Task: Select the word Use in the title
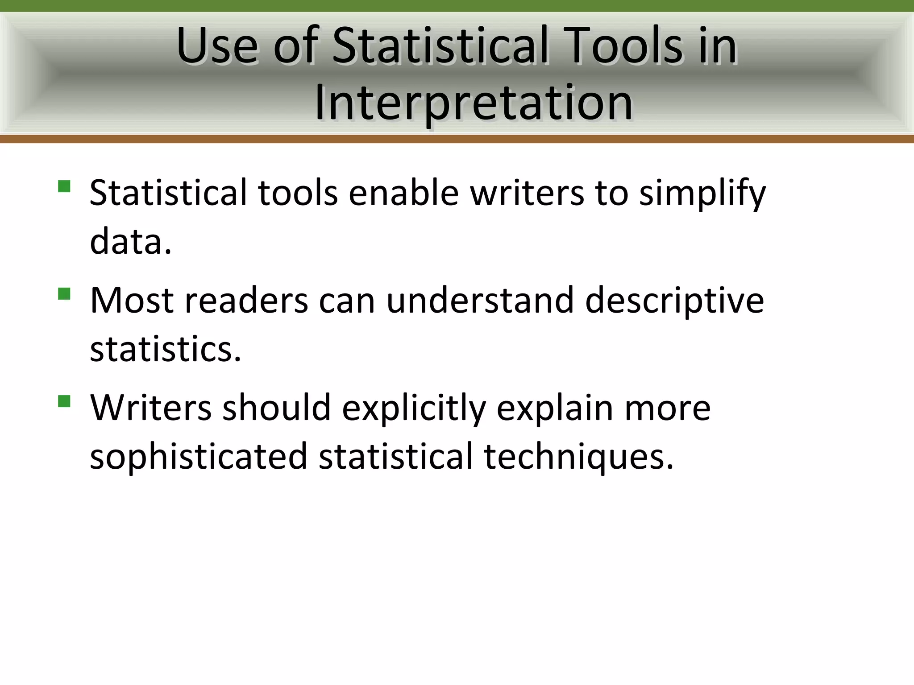point(217,45)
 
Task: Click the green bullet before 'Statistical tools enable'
point(64,186)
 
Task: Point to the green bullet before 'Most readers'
point(64,293)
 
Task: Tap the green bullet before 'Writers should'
point(64,401)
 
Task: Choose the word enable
point(403,193)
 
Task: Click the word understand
point(480,300)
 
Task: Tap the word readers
point(246,300)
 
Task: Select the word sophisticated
point(199,457)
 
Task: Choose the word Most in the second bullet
point(132,300)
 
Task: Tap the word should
point(276,408)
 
